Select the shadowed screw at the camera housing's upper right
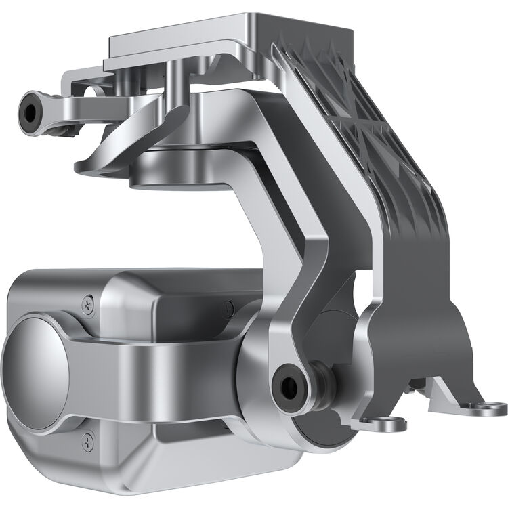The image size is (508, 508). (228, 309)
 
